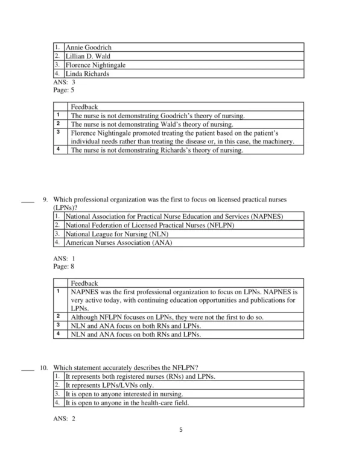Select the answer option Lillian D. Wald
point(87,56)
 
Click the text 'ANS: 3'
point(65,82)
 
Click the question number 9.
point(45,199)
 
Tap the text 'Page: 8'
point(64,266)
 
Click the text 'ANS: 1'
point(65,258)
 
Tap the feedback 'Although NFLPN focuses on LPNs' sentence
point(176,316)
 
